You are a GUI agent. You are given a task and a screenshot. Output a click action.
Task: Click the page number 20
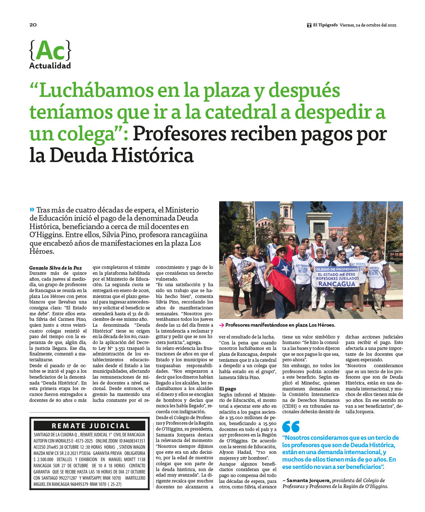click(33, 25)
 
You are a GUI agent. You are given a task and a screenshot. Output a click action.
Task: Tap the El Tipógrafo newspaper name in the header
click(325, 25)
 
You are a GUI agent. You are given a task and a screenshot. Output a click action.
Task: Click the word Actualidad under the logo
click(50, 66)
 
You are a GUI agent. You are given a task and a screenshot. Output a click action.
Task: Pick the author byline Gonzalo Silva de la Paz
click(55, 268)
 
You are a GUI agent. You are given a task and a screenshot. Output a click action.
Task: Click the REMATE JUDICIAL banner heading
click(91, 426)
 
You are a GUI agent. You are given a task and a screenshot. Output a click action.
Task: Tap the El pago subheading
click(228, 389)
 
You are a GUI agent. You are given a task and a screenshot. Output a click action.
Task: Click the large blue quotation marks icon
click(291, 427)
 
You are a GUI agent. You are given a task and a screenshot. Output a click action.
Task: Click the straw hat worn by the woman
click(282, 248)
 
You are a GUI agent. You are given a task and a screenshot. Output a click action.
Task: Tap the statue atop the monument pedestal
click(318, 207)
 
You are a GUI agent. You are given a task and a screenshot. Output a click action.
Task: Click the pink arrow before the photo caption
click(221, 325)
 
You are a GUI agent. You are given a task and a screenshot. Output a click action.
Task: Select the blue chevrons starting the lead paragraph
click(32, 210)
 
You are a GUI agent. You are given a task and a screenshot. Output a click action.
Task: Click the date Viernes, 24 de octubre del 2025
click(368, 25)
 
